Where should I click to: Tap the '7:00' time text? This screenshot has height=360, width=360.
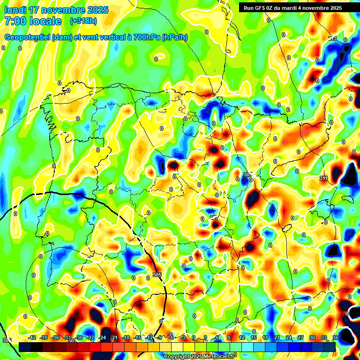click(x=16, y=21)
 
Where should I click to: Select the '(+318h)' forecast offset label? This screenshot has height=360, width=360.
click(x=83, y=21)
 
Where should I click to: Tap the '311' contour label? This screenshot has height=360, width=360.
click(x=323, y=179)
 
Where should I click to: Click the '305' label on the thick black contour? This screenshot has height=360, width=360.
click(x=157, y=275)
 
